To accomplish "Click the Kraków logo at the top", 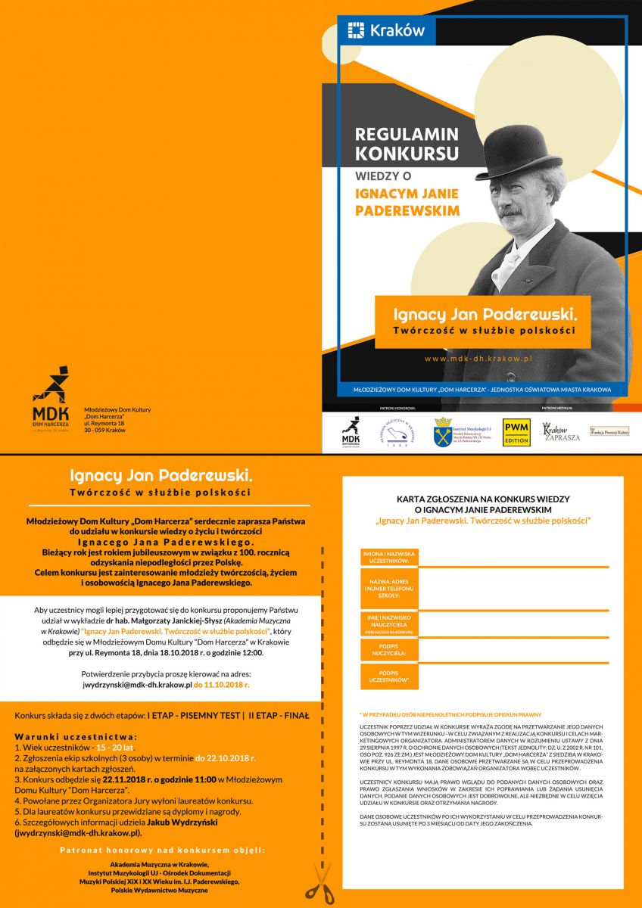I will click(386, 31).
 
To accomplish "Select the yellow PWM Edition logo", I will click(516, 432).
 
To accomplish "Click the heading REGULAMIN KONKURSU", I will click(407, 144).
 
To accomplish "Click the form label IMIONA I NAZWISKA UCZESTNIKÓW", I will click(387, 558).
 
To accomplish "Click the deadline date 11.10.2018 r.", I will click(221, 684).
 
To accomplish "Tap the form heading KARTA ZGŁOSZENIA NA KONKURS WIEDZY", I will click(483, 499).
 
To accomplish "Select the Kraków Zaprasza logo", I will click(561, 432).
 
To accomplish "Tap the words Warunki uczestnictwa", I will click(76, 736).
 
